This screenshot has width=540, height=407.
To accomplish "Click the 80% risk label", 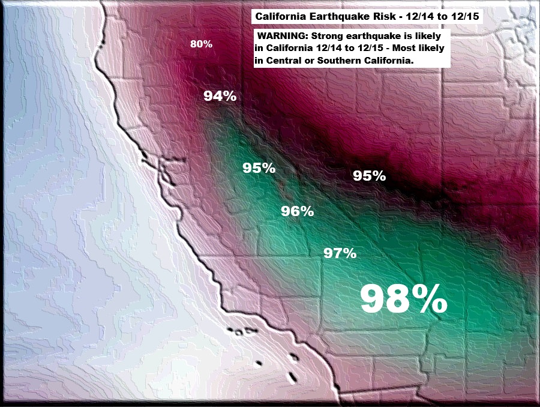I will click(201, 44).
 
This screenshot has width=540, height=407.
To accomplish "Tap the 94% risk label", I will click(220, 95).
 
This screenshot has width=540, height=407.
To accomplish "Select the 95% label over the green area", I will click(259, 168).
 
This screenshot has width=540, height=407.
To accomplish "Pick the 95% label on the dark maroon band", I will click(369, 176).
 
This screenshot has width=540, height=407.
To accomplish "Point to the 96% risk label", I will click(298, 211).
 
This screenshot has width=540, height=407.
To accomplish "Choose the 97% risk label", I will click(340, 253).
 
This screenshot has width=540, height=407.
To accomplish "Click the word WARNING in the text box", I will click(281, 35).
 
